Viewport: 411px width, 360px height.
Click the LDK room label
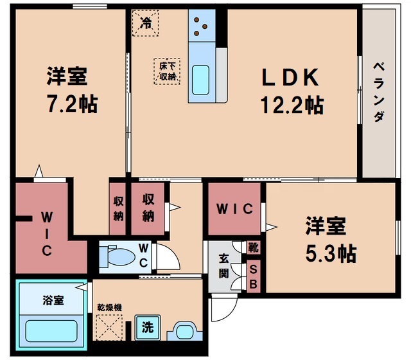click(289, 78)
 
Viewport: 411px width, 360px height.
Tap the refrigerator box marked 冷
click(146, 24)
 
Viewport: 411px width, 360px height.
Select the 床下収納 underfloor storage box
click(166, 71)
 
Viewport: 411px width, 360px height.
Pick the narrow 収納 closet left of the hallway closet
click(118, 207)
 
